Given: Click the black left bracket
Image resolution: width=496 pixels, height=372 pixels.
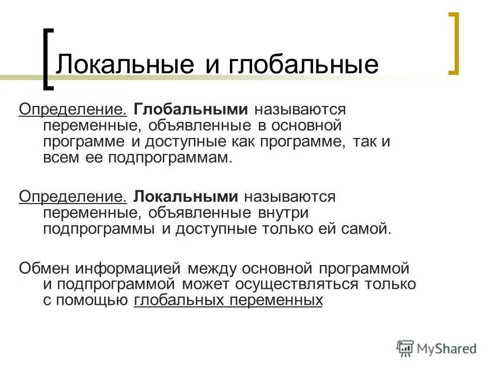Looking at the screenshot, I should pyautogui.click(x=48, y=59).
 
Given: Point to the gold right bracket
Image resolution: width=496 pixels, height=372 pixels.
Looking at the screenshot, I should pyautogui.click(x=453, y=44).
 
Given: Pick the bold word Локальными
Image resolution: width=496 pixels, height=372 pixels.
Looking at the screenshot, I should pyautogui.click(x=187, y=197).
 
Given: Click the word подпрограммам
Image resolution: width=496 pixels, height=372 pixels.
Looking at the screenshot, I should pyautogui.click(x=171, y=158).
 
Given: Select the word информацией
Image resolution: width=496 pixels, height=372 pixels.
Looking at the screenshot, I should pyautogui.click(x=128, y=268).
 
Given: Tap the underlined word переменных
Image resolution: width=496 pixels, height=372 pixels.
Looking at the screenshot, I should pyautogui.click(x=274, y=300).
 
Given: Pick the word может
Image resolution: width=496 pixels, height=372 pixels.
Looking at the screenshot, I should pyautogui.click(x=207, y=284).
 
